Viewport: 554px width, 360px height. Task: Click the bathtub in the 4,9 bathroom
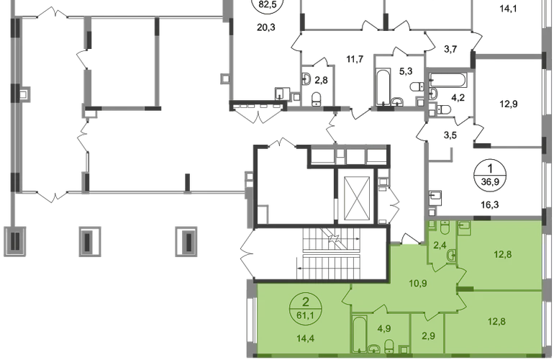click(359, 334)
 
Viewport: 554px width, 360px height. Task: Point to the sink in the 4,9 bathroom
click(374, 349)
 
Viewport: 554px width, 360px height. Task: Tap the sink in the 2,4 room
click(450, 255)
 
